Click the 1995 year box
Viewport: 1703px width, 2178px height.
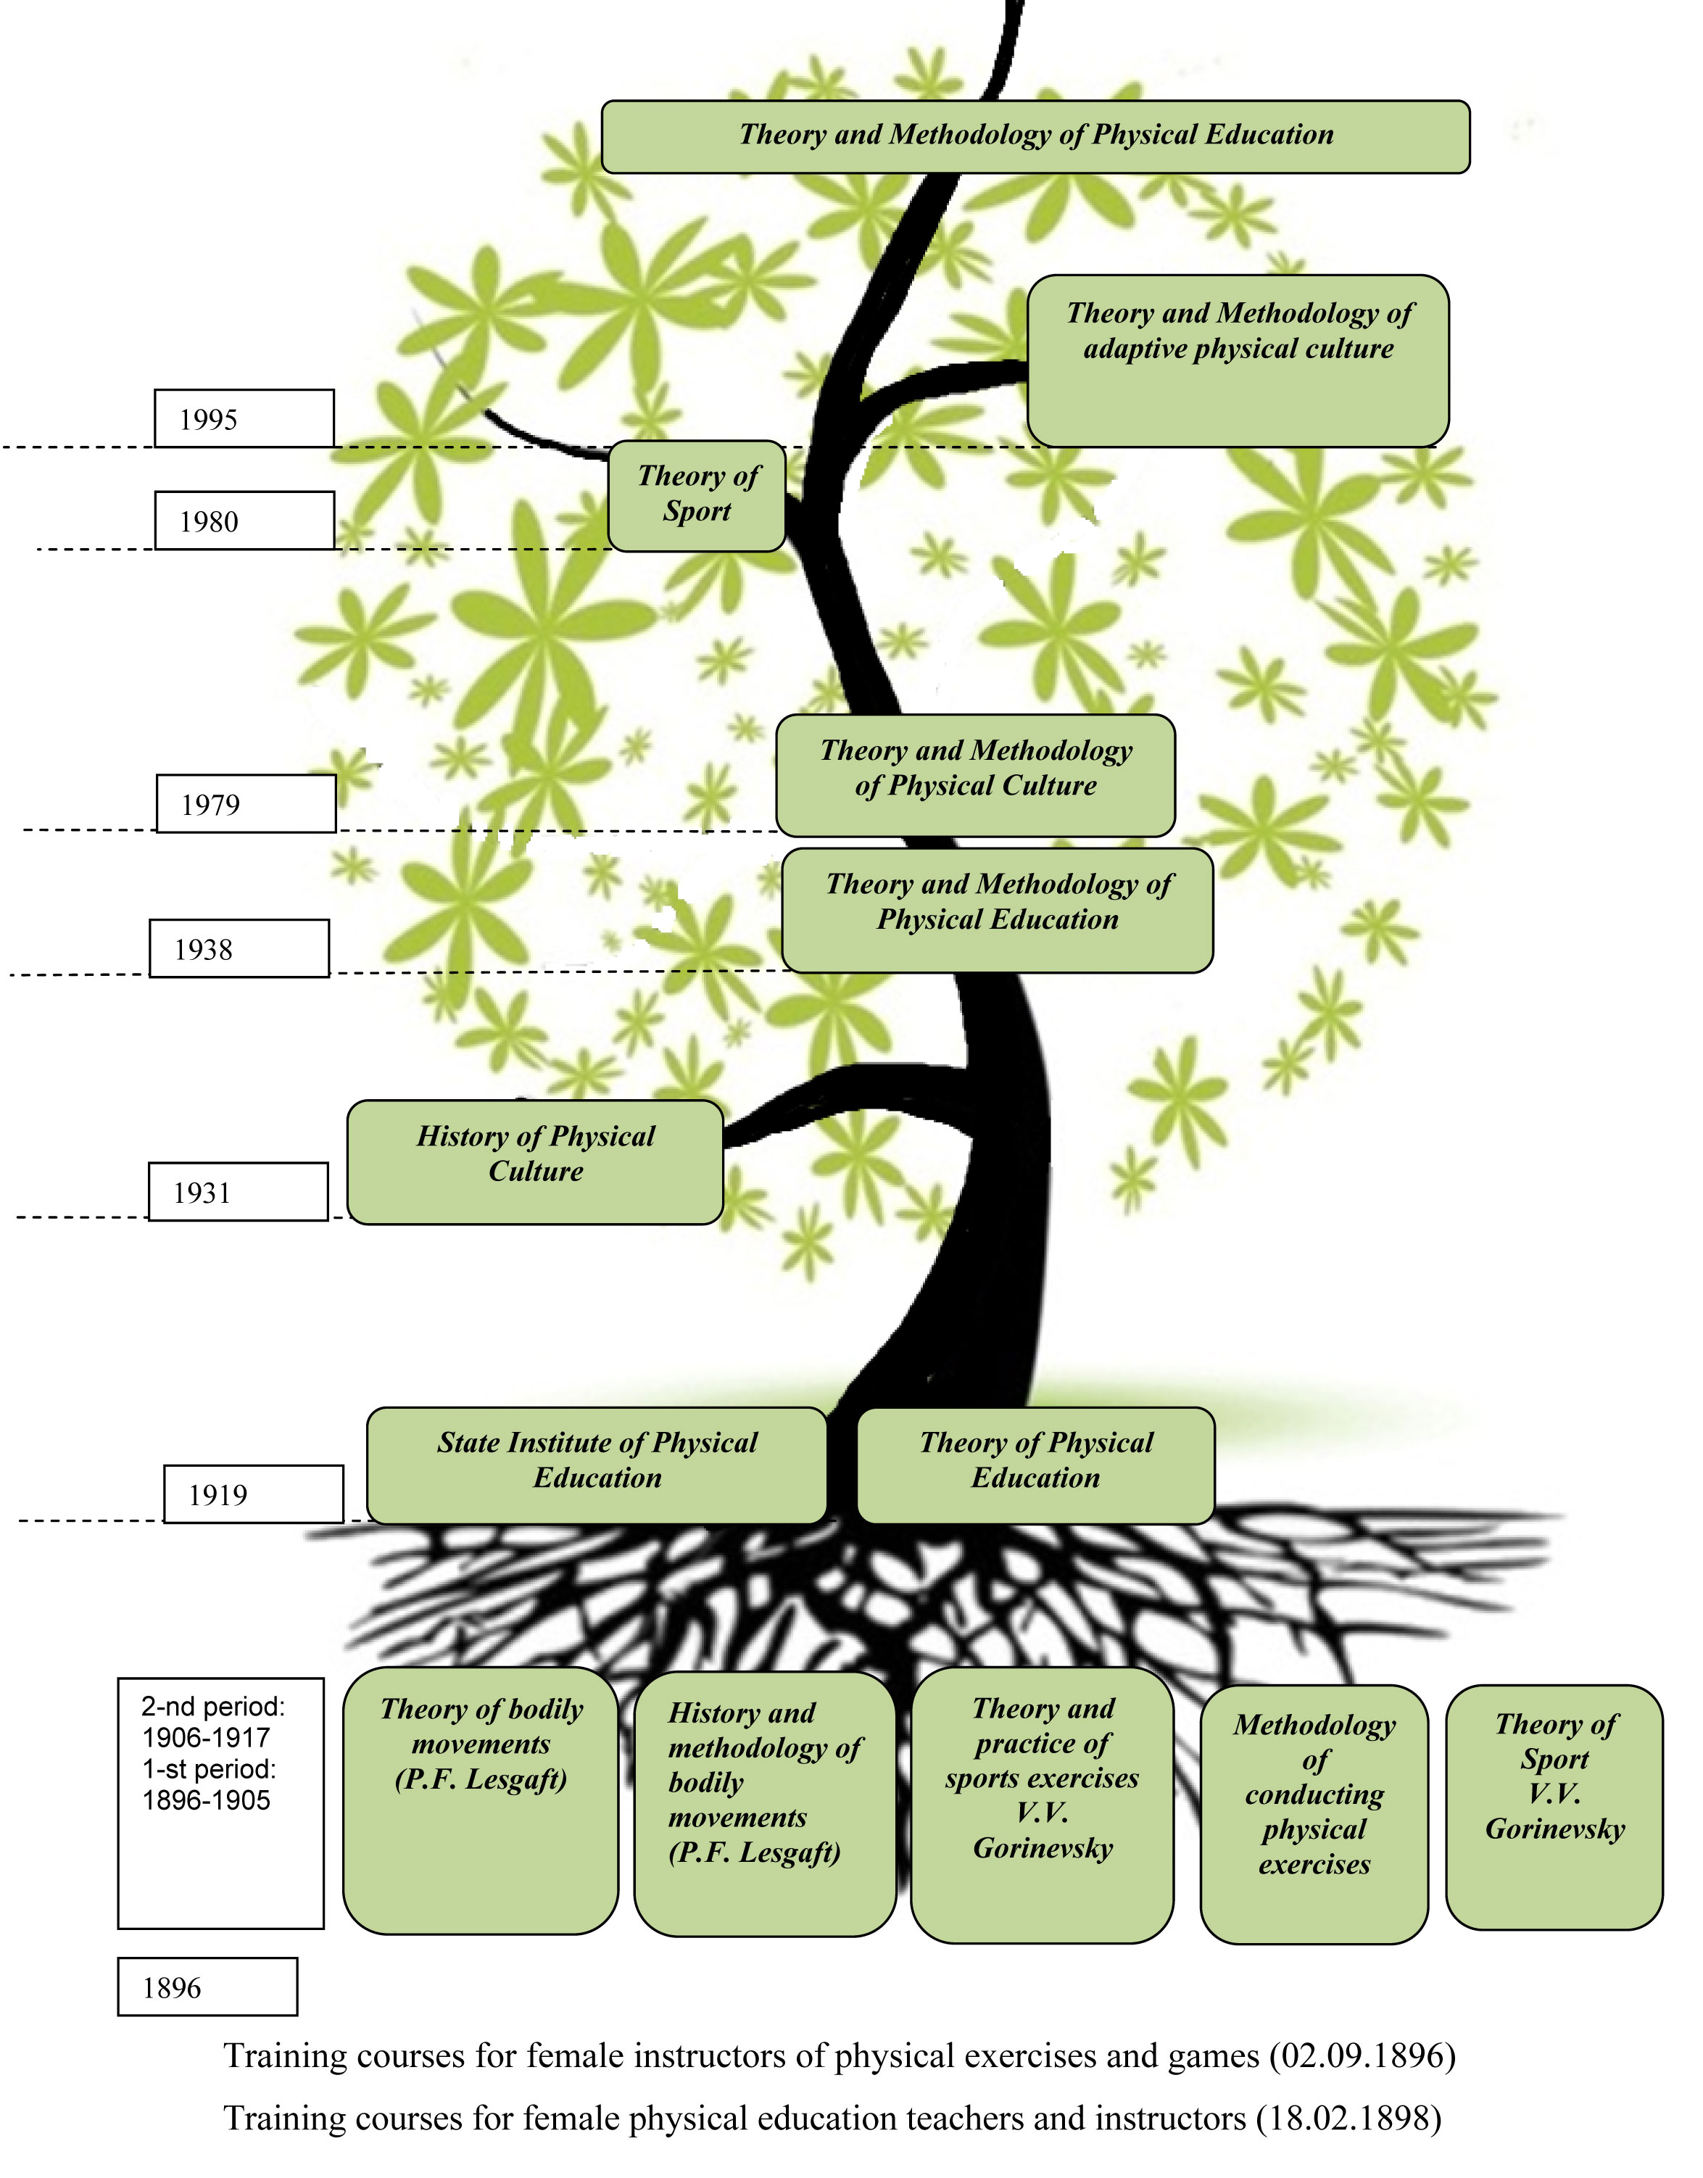(244, 419)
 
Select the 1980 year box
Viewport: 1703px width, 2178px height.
(244, 521)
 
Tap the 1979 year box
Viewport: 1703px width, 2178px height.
(246, 804)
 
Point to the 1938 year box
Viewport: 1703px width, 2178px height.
(239, 948)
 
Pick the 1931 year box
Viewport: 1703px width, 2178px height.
(239, 1192)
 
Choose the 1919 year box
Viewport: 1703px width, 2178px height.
(253, 1494)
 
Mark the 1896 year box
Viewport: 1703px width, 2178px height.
(207, 1987)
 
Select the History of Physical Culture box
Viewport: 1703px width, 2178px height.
(536, 1162)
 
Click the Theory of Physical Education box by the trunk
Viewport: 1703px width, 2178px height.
(1035, 1465)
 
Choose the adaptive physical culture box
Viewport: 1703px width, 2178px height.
(1238, 360)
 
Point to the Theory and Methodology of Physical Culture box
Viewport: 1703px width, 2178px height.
(975, 775)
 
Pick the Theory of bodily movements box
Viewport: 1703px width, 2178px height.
(481, 1801)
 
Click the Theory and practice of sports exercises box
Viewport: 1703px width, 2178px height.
(1042, 1805)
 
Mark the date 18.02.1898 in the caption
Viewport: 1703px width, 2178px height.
(1348, 2118)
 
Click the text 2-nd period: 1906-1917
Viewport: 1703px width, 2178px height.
(212, 1722)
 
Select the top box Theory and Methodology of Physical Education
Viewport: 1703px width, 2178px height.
(1035, 136)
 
